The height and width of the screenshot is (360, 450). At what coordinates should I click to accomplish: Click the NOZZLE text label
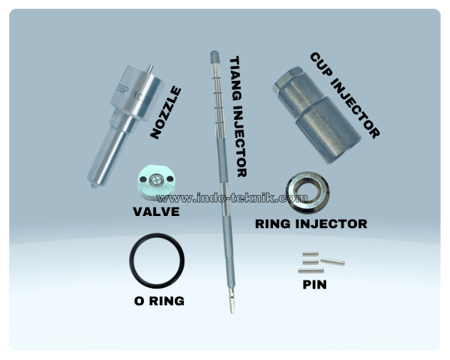click(x=166, y=112)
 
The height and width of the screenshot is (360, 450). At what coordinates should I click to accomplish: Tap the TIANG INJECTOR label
click(x=238, y=116)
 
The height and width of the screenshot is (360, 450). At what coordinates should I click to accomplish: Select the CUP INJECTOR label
click(x=345, y=95)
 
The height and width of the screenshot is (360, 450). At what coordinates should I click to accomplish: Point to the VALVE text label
click(x=156, y=211)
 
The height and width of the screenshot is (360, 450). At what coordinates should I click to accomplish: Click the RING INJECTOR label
click(x=311, y=224)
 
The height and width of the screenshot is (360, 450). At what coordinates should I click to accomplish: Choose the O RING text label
click(x=159, y=301)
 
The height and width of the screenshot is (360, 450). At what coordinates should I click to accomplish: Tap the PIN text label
click(x=314, y=285)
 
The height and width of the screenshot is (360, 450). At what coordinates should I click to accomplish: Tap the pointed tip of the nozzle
click(x=94, y=187)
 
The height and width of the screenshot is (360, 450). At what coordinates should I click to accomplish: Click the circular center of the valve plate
click(x=157, y=180)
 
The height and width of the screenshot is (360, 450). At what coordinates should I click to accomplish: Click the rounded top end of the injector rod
click(x=214, y=55)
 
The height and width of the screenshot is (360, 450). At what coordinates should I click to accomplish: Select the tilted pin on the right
click(x=332, y=262)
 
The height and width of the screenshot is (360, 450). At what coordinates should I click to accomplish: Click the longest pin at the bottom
click(x=310, y=271)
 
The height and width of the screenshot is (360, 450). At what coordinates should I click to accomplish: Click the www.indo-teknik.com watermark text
click(x=232, y=198)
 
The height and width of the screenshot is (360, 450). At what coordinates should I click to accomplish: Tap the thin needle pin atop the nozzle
click(x=149, y=68)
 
